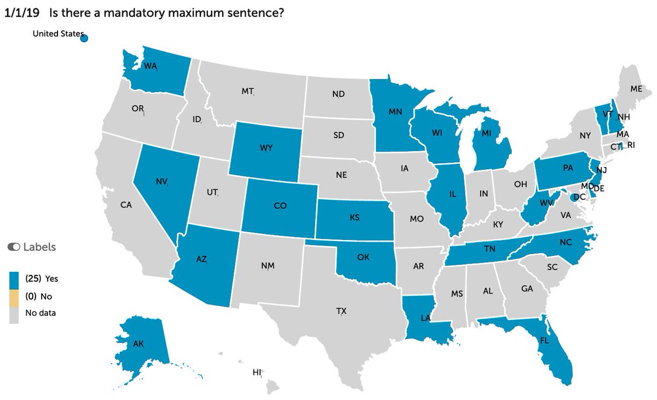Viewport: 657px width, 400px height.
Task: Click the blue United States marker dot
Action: click(x=84, y=38)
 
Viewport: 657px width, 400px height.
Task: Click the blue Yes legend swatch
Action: click(x=14, y=278)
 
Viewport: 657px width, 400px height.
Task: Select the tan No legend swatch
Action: click(x=14, y=296)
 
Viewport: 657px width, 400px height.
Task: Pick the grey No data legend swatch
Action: click(x=14, y=313)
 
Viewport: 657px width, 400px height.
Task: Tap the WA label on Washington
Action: click(x=150, y=66)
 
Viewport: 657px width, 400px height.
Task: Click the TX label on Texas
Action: click(x=341, y=311)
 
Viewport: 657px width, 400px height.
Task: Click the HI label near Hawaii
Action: click(x=257, y=372)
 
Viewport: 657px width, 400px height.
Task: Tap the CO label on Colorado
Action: click(x=280, y=207)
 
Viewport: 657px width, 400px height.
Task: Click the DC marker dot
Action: click(x=574, y=197)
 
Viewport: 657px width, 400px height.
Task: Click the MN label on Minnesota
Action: click(x=396, y=111)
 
